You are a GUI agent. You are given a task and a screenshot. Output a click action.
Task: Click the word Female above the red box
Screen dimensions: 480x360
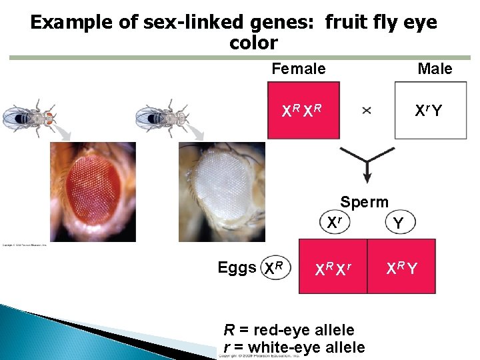(x=299, y=69)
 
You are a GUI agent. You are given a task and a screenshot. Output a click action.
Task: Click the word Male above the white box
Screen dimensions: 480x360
(x=435, y=69)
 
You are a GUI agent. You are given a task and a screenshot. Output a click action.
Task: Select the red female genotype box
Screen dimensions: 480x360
(x=303, y=110)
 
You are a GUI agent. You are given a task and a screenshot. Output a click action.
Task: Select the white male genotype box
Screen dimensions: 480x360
(x=430, y=110)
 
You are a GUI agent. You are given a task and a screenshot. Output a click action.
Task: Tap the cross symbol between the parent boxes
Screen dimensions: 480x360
(x=367, y=111)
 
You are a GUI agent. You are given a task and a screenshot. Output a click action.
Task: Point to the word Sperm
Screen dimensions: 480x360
(x=364, y=201)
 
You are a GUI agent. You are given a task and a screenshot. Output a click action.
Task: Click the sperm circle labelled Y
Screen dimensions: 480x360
(x=398, y=224)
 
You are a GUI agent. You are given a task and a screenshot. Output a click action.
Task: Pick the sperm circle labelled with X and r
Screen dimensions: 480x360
(x=335, y=222)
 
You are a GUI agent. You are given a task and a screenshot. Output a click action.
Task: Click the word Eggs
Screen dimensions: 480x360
(x=237, y=268)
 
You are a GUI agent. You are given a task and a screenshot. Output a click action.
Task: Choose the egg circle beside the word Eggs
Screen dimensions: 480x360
(x=275, y=268)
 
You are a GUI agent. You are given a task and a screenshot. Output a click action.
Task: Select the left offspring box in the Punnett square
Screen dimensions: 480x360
(x=332, y=269)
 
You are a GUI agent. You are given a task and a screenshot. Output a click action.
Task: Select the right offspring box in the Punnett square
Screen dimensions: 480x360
(x=402, y=269)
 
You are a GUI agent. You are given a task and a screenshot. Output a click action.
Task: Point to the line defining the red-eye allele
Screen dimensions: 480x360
(x=289, y=329)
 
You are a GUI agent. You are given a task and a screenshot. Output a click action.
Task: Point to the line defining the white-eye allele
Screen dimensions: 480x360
(x=294, y=347)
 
